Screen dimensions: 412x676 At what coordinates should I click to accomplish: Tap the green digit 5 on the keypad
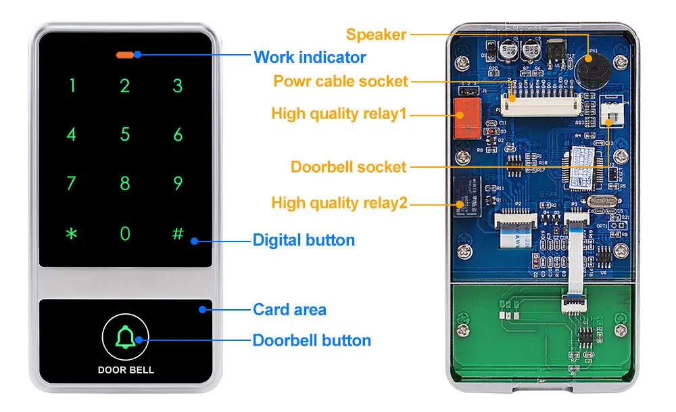[125, 135]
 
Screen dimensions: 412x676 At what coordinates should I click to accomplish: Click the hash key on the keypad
[178, 233]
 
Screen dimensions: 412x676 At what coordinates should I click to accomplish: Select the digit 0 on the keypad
[125, 233]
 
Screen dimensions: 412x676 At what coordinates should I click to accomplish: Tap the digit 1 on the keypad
[72, 86]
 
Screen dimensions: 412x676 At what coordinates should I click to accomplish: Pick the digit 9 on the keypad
[178, 183]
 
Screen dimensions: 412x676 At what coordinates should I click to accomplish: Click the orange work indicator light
[126, 54]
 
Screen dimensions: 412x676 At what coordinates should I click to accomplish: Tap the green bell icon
[125, 336]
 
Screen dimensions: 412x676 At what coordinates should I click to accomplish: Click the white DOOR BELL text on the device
[126, 370]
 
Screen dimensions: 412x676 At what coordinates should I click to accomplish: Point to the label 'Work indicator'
[310, 57]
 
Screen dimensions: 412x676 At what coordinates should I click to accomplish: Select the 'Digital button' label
[304, 239]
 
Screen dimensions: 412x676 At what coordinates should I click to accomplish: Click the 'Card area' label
[289, 310]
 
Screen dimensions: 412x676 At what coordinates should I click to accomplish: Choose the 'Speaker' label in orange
[376, 35]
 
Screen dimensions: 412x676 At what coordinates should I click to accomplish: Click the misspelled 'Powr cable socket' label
[341, 81]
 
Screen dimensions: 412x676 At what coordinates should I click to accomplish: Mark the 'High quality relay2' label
[339, 202]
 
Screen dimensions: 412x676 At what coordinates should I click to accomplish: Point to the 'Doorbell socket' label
[348, 166]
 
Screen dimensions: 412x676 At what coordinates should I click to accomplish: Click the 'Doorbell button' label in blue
[312, 340]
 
